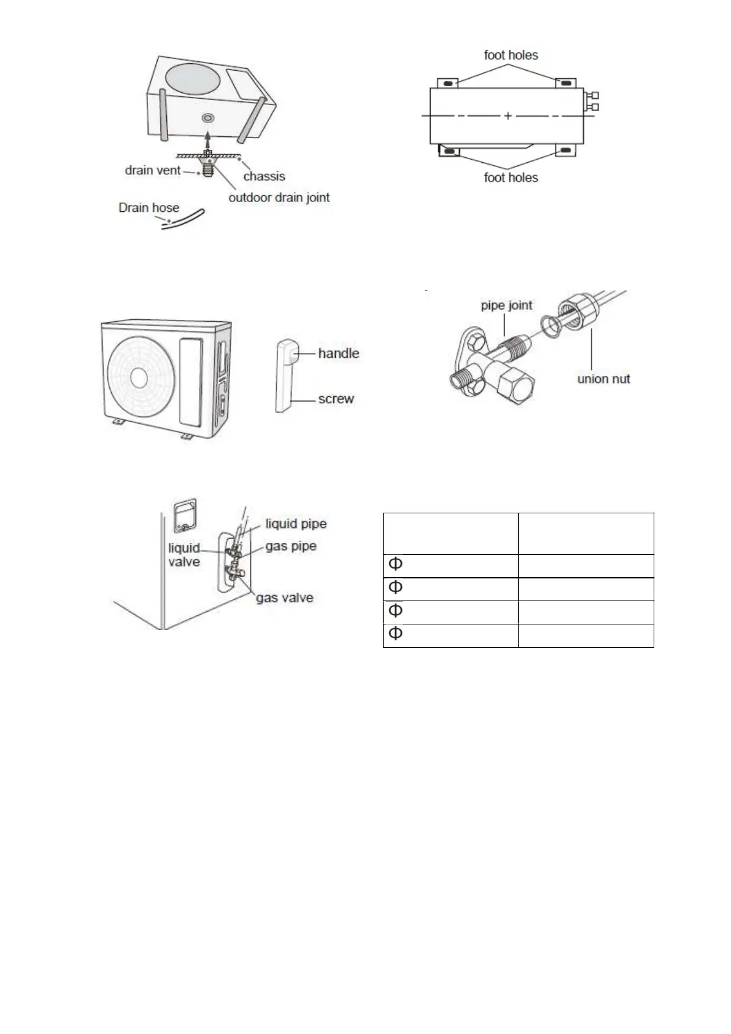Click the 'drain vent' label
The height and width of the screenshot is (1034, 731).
[x=152, y=170]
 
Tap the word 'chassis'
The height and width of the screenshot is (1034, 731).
[x=264, y=176]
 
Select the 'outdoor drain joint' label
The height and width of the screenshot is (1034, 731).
[x=279, y=198]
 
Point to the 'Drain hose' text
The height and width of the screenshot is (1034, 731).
[x=149, y=208]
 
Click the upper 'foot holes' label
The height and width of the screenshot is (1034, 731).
[x=511, y=55]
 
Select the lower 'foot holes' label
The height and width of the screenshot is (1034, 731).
[x=511, y=177]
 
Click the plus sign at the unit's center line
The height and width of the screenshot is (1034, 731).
[x=508, y=115]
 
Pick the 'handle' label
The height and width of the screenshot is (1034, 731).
[x=338, y=353]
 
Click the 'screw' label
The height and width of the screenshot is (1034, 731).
[x=336, y=398]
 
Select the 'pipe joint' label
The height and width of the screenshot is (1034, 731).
[x=506, y=305]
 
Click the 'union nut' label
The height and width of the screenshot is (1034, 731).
[x=603, y=379]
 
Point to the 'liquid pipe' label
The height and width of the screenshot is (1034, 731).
[x=296, y=524]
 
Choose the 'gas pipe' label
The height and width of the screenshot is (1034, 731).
[x=291, y=546]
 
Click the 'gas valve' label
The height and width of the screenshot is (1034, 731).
[x=285, y=597]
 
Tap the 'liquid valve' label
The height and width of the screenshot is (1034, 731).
[x=184, y=554]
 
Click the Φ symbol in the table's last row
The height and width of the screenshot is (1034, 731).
[x=396, y=633]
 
